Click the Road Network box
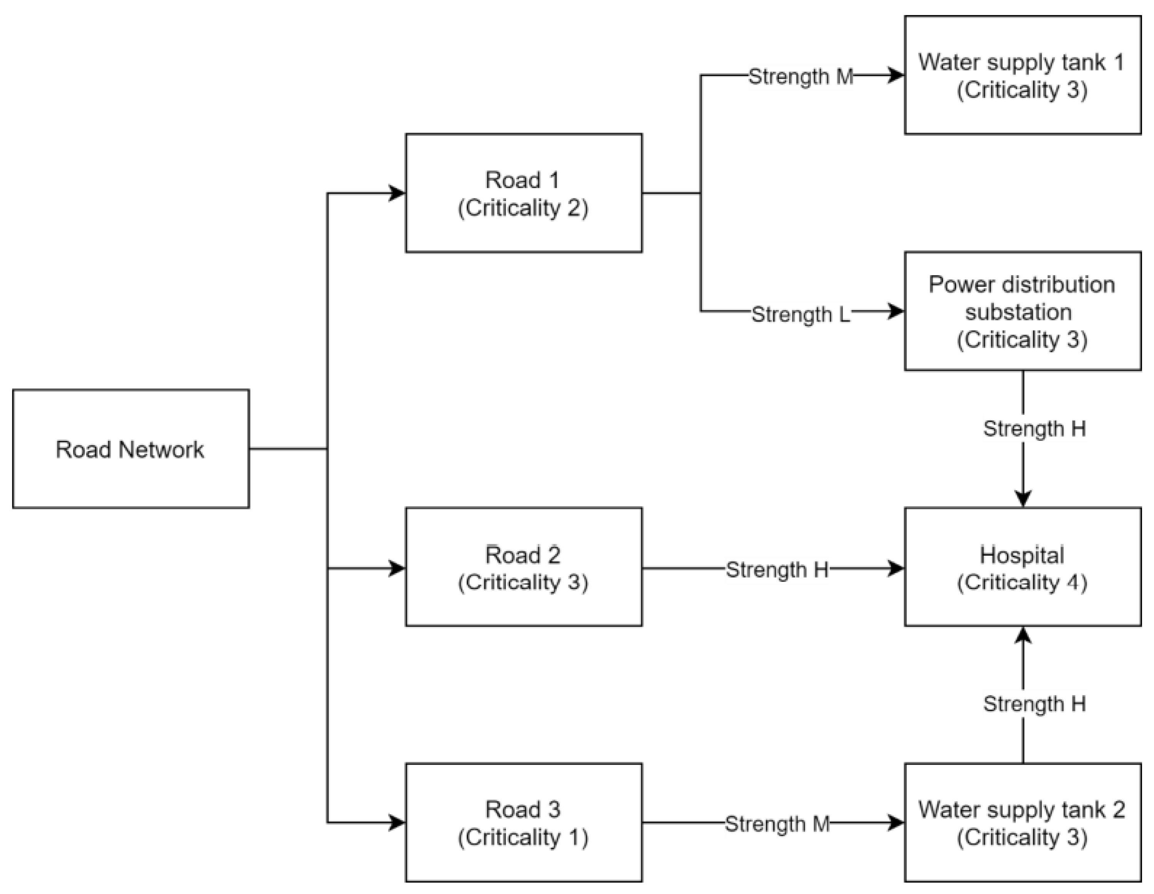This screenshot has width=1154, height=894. [131, 449]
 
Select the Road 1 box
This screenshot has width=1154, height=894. [523, 193]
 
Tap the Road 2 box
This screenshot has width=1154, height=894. [523, 567]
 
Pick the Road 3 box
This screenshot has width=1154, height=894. [523, 823]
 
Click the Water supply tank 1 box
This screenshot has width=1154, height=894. [1022, 75]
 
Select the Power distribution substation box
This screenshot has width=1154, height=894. [1022, 311]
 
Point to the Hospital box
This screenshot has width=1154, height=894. [1022, 567]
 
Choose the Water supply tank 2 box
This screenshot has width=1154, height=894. [1022, 823]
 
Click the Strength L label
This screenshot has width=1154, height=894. [801, 314]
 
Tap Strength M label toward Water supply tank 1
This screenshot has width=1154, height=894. [801, 77]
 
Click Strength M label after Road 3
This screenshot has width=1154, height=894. [777, 824]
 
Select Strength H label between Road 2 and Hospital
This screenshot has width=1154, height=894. [777, 570]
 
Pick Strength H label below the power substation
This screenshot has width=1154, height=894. [1034, 429]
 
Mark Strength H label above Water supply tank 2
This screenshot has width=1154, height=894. [1034, 704]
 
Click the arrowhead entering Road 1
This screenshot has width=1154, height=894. [397, 193]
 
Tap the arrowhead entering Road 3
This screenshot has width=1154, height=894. [397, 823]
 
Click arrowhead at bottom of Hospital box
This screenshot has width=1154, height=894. [1023, 635]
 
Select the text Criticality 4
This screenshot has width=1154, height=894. [1022, 582]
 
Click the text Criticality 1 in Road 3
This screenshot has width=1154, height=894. [523, 837]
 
